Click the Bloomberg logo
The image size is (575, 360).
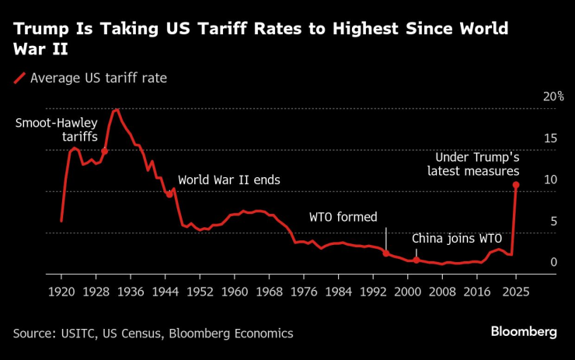pos(523,332)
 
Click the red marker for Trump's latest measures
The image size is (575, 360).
pos(516,185)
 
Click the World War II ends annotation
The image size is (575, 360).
pos(228,180)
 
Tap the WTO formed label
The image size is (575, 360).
pos(343,217)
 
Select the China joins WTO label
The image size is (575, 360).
pos(456,238)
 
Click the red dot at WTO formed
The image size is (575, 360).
pos(385,253)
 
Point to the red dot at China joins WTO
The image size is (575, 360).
pos(416,260)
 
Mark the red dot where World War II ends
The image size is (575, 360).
pos(169,194)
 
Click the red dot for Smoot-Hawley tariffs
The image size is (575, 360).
pos(104,151)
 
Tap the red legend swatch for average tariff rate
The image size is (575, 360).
pos(19,77)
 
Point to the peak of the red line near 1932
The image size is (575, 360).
pos(117,110)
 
